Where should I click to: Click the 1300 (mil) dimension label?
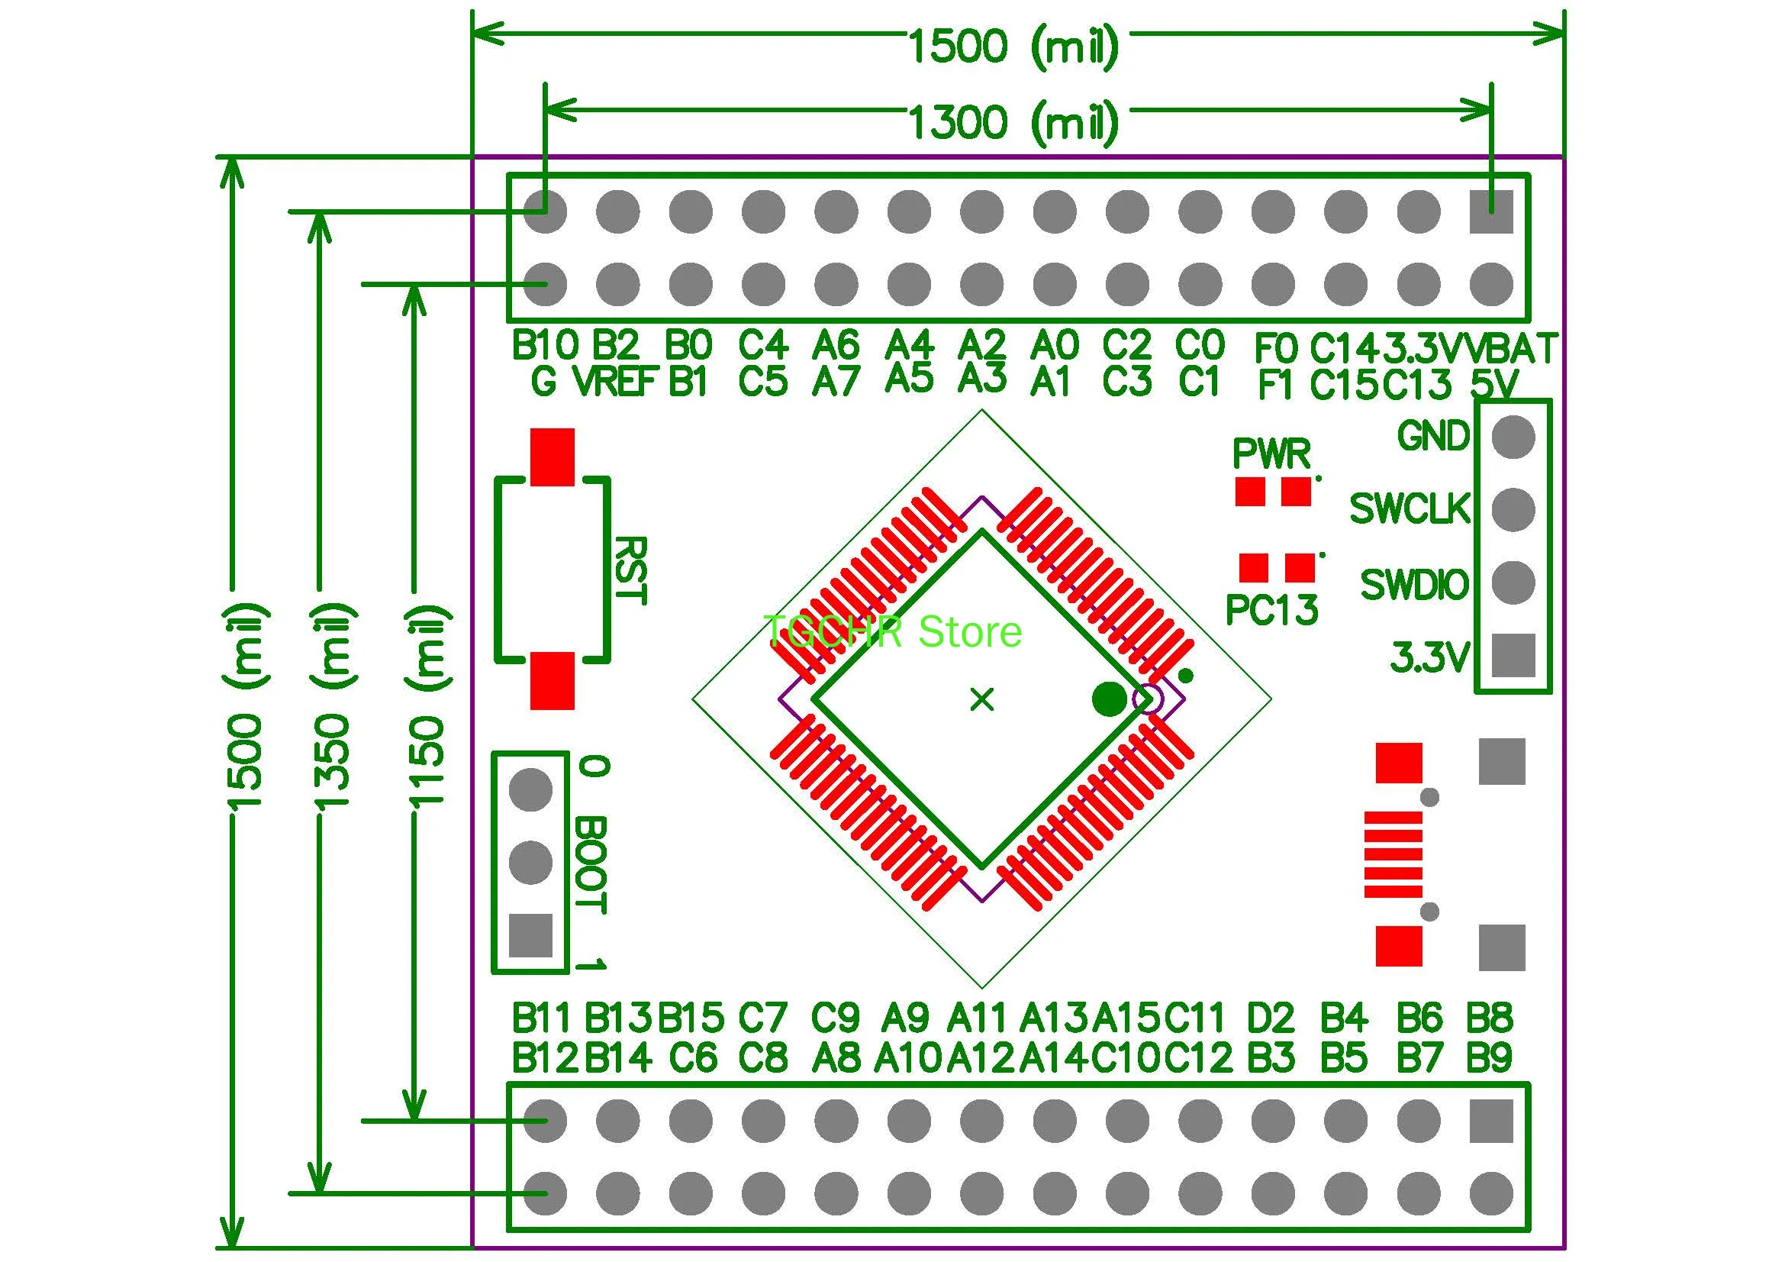[1013, 122]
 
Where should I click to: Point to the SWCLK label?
[1410, 509]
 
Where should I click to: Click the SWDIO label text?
[1414, 585]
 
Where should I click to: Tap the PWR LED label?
[1272, 453]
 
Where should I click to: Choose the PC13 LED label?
[1272, 609]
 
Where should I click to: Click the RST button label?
[630, 570]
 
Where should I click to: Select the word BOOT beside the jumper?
[591, 865]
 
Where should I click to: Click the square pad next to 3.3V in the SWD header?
[1513, 655]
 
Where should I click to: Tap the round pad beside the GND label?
[1513, 436]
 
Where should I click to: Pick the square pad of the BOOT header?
[530, 934]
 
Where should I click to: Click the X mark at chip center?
[982, 700]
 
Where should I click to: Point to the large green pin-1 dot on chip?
[1109, 699]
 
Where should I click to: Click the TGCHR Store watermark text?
[893, 631]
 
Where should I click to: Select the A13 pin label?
[1053, 1017]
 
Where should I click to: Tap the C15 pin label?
[1343, 385]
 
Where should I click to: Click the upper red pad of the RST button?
[552, 457]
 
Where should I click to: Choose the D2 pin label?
[1271, 1017]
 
